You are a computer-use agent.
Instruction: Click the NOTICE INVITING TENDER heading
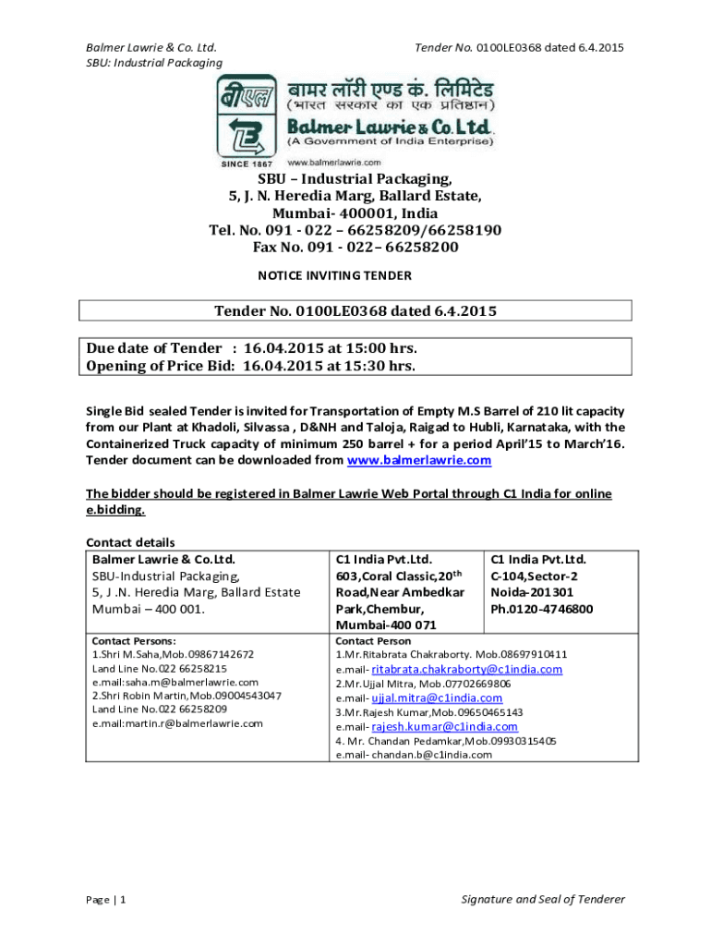pos(333,275)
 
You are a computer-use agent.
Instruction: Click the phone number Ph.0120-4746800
pos(541,609)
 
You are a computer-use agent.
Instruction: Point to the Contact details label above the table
pos(130,542)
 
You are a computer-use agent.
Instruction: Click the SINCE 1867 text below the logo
pos(244,164)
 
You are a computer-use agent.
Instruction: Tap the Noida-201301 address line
pos(532,592)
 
